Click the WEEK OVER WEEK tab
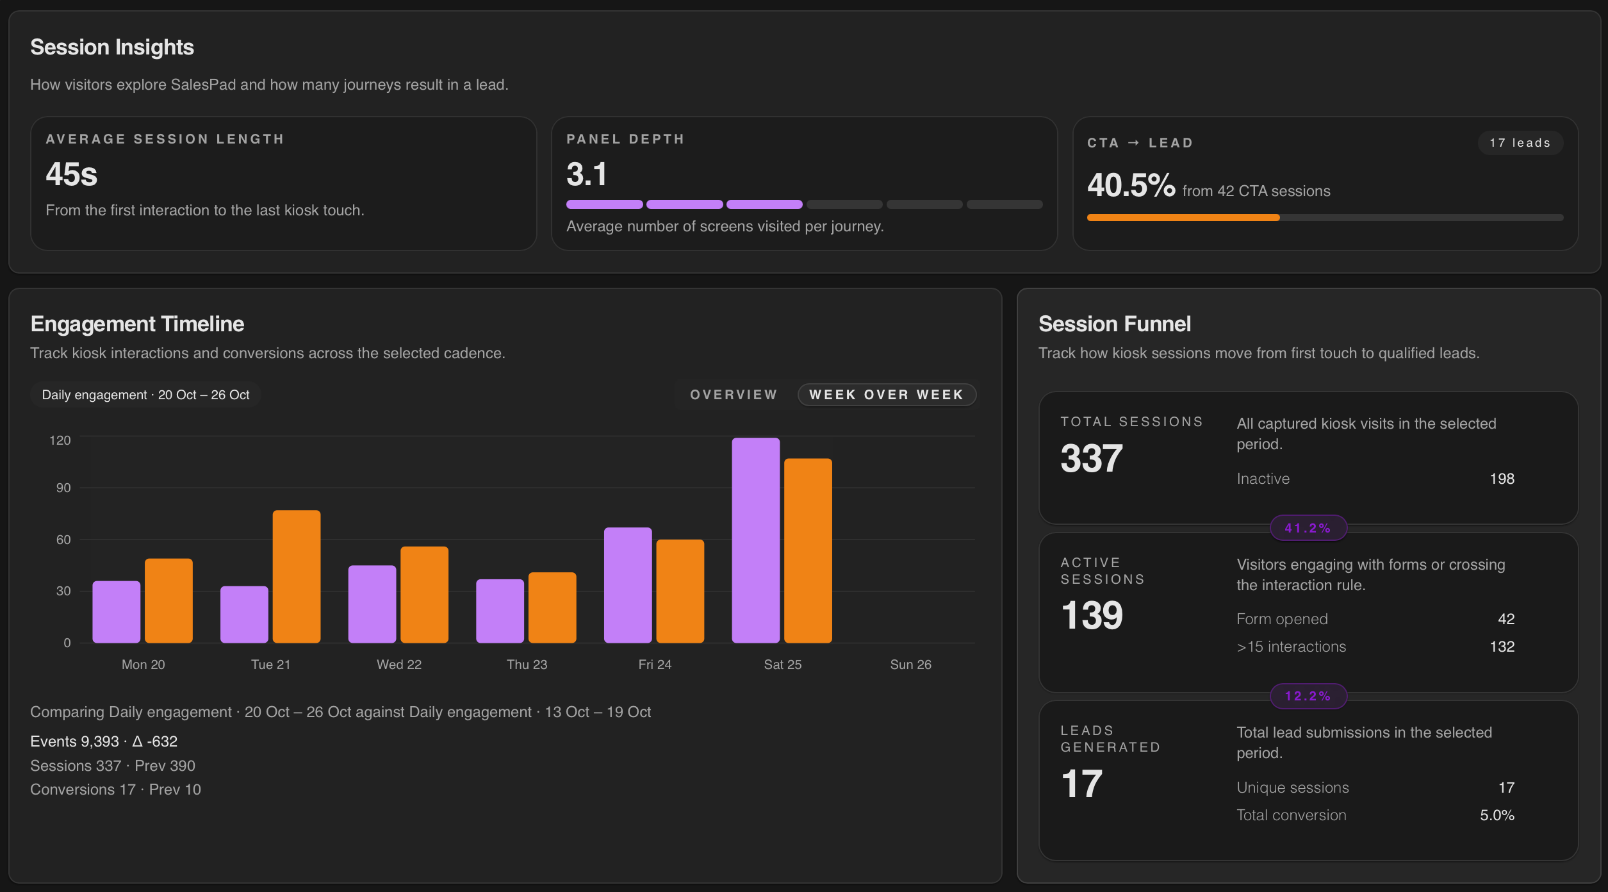point(887,395)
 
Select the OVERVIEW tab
point(734,395)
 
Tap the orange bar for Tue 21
point(296,576)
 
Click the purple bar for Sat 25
point(755,540)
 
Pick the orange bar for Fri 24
point(680,591)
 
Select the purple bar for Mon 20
point(116,611)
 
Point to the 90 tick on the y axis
point(63,488)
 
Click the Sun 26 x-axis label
point(910,665)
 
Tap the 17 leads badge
point(1520,143)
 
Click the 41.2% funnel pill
point(1308,528)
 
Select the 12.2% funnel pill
point(1308,696)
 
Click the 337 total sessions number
point(1091,459)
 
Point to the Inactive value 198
point(1501,479)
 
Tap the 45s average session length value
point(71,174)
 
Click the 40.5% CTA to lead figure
point(1131,185)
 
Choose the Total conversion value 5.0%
point(1497,815)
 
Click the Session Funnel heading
point(1114,324)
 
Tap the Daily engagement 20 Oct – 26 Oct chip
point(145,395)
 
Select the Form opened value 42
point(1505,619)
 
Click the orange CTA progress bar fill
point(1183,218)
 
